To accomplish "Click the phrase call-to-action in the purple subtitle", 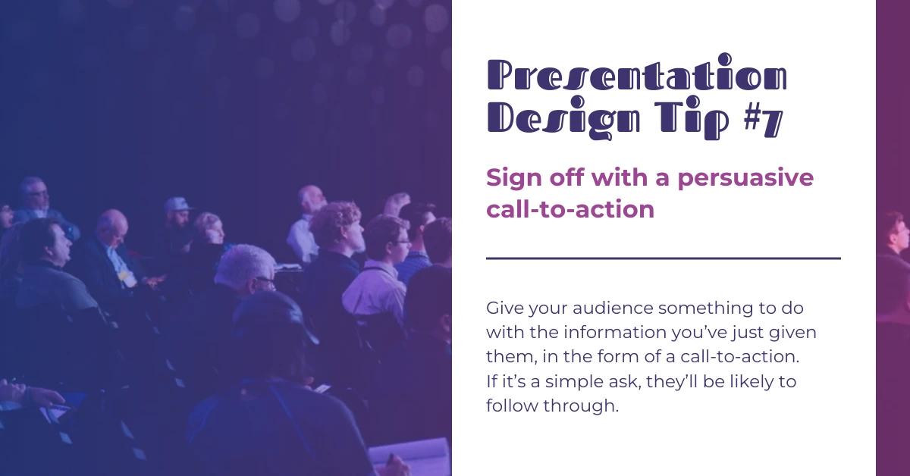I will pos(570,209).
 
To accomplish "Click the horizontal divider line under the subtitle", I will pos(663,258).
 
